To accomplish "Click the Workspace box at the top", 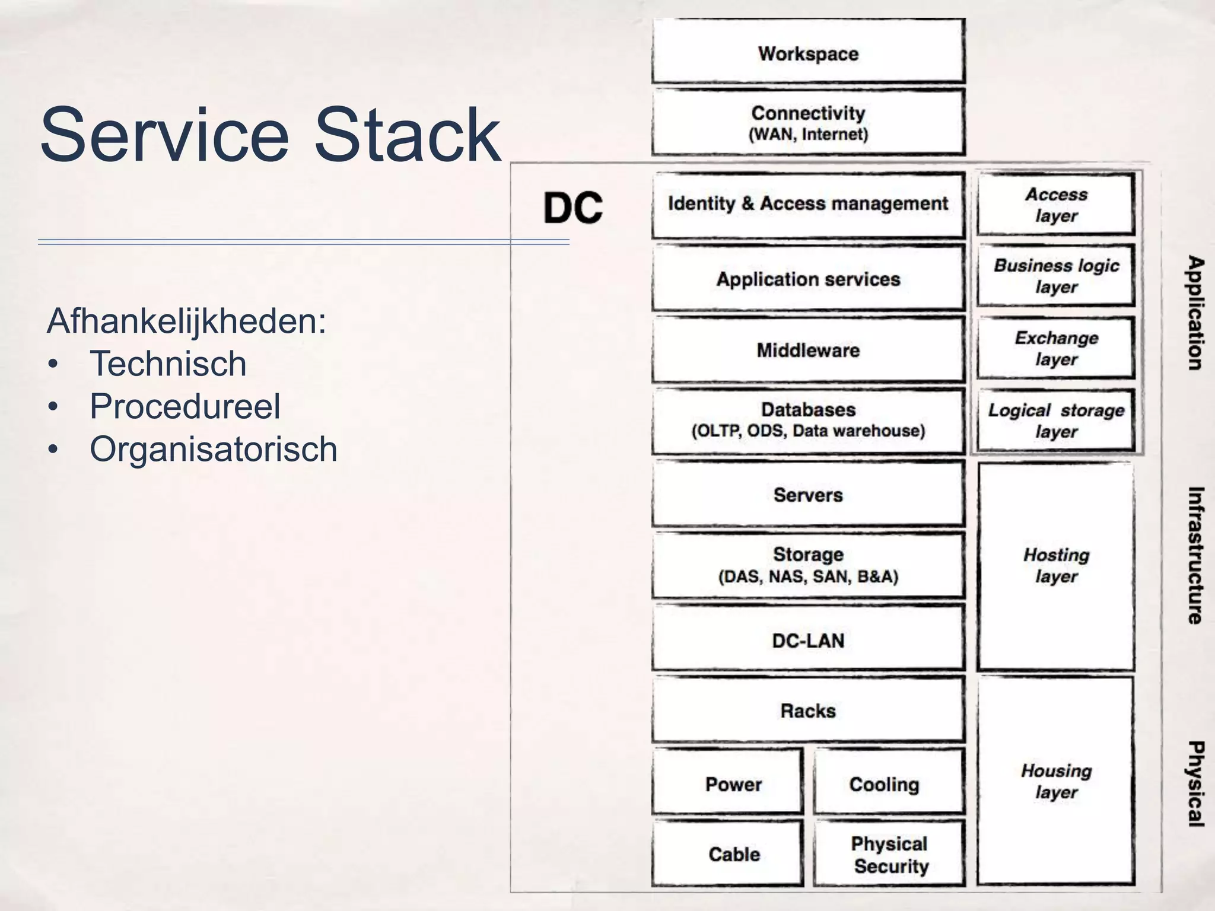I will tap(808, 52).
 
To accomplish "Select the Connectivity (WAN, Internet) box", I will tap(808, 123).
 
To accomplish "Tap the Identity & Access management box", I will tap(808, 205).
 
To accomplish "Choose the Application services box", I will tap(808, 279).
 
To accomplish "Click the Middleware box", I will tap(808, 350).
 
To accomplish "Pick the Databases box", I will tap(808, 420).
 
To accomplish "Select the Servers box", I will tap(808, 495).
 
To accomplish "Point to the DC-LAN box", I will tap(808, 640).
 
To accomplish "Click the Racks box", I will tap(808, 710).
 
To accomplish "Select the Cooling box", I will tap(889, 782).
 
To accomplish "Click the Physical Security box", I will tap(889, 854).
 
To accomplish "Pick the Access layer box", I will tap(1056, 205).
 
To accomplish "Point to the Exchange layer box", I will tap(1056, 348).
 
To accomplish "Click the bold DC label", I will tap(572, 208).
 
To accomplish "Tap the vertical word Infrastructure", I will tap(1195, 555).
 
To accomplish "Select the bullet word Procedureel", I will tap(185, 406).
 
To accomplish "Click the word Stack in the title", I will tap(406, 135).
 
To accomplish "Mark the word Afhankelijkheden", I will tap(186, 321).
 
